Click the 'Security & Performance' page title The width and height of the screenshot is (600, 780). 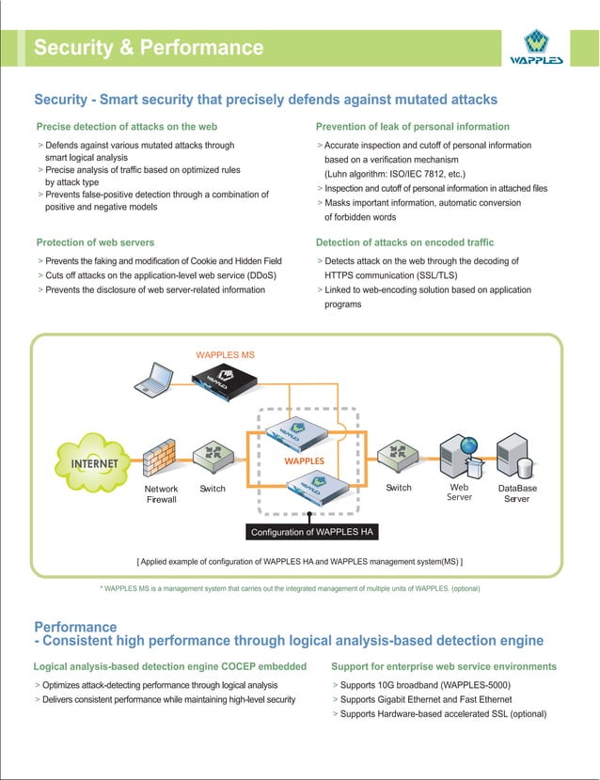click(149, 48)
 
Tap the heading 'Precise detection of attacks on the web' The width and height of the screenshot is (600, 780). click(127, 127)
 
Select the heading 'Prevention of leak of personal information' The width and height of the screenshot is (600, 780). click(413, 127)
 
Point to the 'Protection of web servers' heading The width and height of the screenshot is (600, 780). click(95, 242)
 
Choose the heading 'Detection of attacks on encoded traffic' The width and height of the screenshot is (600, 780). click(404, 242)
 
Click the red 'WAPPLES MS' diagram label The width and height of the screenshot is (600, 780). click(225, 355)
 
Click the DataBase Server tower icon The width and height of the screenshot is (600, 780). click(516, 456)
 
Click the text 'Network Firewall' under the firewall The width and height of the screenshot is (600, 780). click(161, 494)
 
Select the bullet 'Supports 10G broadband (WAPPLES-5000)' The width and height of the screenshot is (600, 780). click(426, 685)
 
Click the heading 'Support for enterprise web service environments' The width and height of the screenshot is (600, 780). click(444, 666)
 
